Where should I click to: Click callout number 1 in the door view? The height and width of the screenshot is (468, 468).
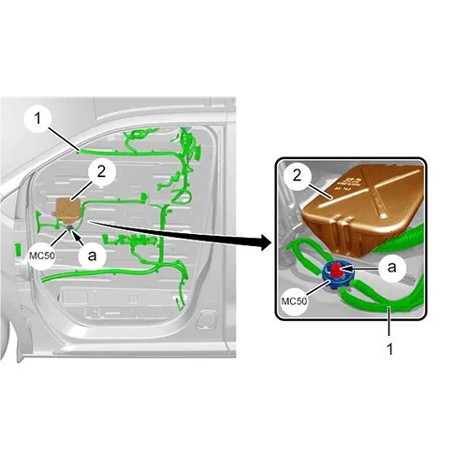point(37,119)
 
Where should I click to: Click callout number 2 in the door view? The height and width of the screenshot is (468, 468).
point(102,171)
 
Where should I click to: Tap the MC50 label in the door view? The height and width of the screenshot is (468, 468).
point(42,256)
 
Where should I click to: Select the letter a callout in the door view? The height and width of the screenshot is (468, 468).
point(92,256)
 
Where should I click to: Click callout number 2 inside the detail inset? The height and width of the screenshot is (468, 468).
point(297,176)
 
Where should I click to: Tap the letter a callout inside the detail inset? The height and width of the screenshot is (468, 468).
point(392,268)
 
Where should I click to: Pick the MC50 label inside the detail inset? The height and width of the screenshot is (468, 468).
point(294,301)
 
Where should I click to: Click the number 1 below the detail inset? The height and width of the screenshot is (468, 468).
point(389,349)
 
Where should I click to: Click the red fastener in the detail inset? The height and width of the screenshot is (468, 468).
point(337,269)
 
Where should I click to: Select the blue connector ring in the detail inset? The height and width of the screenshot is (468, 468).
point(338,274)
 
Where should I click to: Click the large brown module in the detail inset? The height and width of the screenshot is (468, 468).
point(363,210)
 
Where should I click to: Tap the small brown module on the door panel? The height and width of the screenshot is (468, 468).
point(68,209)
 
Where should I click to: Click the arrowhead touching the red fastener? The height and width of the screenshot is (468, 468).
point(345,268)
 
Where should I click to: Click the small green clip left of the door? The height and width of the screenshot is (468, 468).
point(19,250)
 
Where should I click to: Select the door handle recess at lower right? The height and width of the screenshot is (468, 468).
point(206,319)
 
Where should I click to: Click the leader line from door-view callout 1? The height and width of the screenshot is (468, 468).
point(64,139)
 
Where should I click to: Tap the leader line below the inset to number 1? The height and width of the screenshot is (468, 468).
point(389,324)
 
